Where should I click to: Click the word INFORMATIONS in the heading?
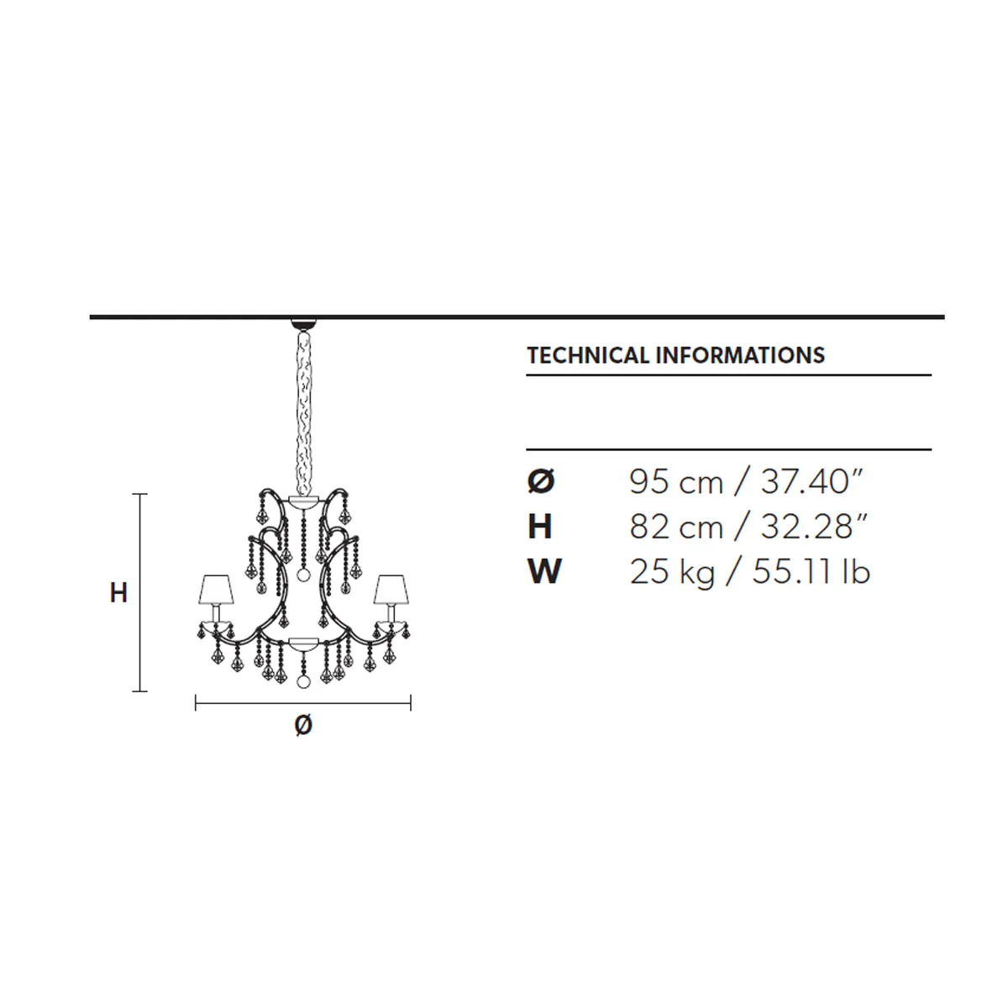[x=740, y=355]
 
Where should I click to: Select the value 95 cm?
[x=676, y=482]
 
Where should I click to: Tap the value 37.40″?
[x=811, y=482]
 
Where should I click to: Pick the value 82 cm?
[x=676, y=527]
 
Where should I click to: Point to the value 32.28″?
[x=814, y=527]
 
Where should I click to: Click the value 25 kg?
[x=672, y=572]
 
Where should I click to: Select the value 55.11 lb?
[x=811, y=571]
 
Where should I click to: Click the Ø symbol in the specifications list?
[x=541, y=482]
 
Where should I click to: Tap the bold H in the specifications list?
[x=540, y=527]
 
